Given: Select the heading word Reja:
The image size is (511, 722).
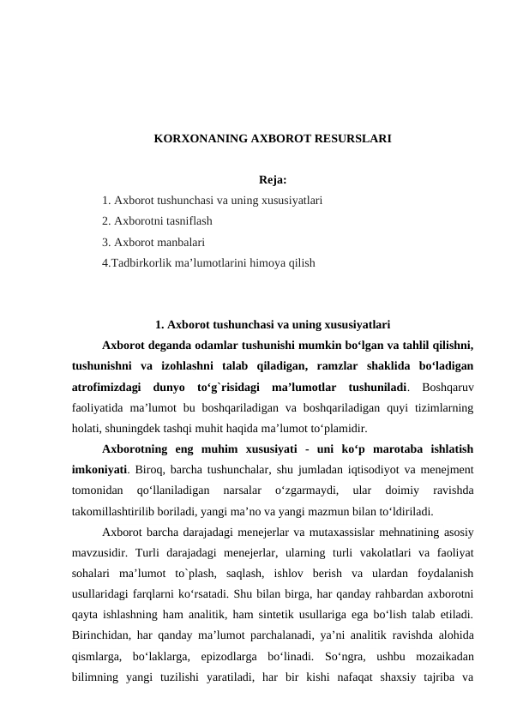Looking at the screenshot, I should [x=272, y=181].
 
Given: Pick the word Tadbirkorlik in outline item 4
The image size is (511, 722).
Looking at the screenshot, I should [x=141, y=262].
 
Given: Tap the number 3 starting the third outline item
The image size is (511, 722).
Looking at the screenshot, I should [x=104, y=242].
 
